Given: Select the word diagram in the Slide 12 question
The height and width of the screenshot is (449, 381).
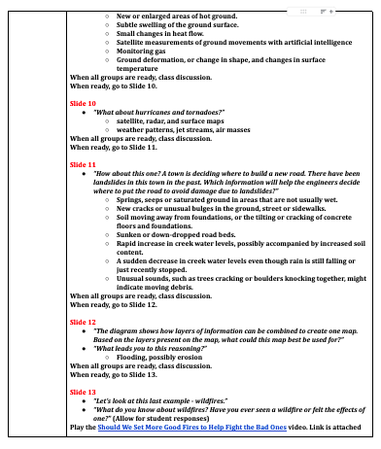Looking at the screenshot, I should (128, 329).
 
